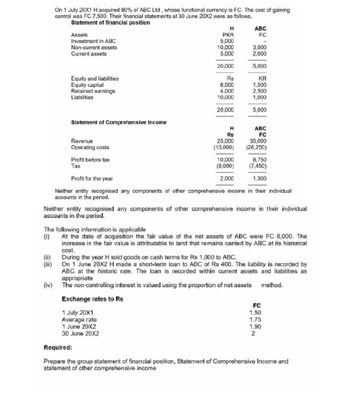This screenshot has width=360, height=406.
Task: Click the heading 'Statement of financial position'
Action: [x=110, y=23]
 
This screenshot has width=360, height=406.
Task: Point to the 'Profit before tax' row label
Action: [x=90, y=159]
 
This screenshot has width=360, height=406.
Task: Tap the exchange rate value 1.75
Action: [x=255, y=320]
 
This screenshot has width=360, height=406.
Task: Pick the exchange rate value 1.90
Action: [x=255, y=327]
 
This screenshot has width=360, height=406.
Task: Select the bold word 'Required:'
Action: [x=58, y=348]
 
